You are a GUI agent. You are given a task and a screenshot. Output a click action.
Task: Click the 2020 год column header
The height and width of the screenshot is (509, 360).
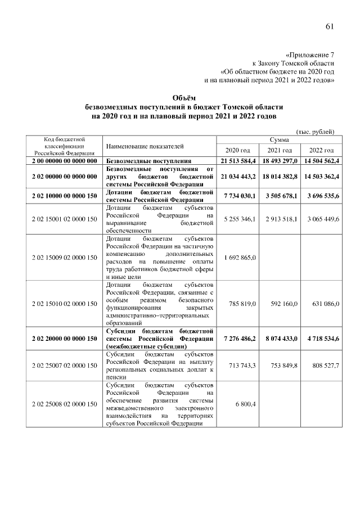(x=238, y=150)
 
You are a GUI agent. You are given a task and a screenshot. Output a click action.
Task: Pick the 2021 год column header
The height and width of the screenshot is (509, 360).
(x=279, y=150)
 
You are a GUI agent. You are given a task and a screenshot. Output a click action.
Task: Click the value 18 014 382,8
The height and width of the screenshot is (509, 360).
(x=280, y=177)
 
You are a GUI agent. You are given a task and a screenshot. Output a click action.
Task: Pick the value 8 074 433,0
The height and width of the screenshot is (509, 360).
(x=280, y=339)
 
